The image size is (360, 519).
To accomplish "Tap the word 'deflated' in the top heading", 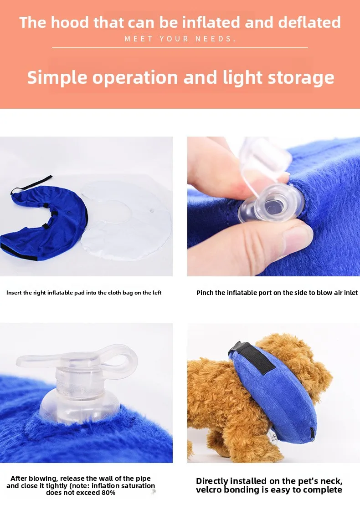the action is point(309,22).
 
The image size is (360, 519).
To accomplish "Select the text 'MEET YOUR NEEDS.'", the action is point(180,39).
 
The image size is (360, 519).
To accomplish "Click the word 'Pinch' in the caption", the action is point(205,293).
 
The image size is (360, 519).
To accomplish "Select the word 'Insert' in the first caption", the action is point(14,293).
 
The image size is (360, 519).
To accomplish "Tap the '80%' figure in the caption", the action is point(108,493).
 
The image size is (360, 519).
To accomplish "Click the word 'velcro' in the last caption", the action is point(208,490).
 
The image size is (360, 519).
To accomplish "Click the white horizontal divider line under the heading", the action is point(180,48).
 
